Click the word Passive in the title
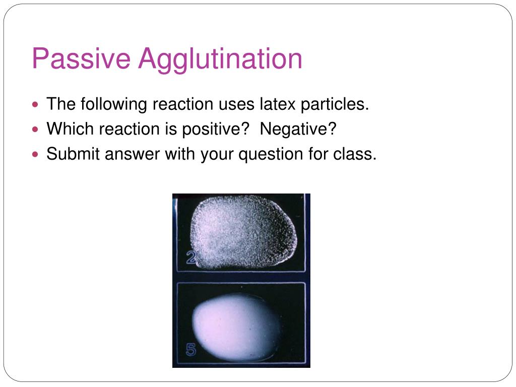pyautogui.click(x=81, y=58)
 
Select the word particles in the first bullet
pyautogui.click(x=335, y=105)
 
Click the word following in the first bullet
pyautogui.click(x=114, y=105)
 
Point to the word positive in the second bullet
pyautogui.click(x=216, y=129)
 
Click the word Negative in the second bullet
pyautogui.click(x=298, y=128)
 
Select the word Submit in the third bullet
pyautogui.click(x=73, y=154)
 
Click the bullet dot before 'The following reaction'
pyautogui.click(x=36, y=105)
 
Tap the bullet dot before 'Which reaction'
pyautogui.click(x=36, y=130)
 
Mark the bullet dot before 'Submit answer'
pyautogui.click(x=36, y=154)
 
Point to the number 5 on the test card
pyautogui.click(x=191, y=350)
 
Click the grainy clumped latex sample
pyautogui.click(x=243, y=232)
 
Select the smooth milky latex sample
pyautogui.click(x=236, y=328)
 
